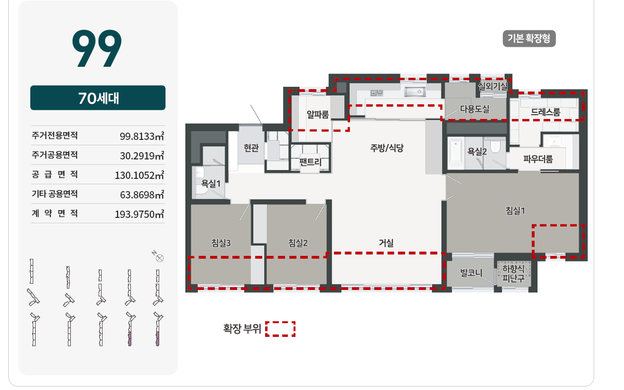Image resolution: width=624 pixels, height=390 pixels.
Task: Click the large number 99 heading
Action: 97,48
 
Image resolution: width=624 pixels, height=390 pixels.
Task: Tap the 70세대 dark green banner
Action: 98,97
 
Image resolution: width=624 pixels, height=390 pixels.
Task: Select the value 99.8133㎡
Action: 142,136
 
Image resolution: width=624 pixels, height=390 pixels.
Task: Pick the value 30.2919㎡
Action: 142,156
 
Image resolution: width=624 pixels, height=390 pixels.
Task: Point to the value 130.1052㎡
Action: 139,175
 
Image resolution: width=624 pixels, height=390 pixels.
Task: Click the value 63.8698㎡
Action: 142,195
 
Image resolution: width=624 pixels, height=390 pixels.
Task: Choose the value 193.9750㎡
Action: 139,214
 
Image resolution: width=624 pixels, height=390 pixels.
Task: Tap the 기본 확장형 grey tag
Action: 529,39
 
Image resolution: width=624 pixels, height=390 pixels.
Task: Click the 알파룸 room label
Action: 317,114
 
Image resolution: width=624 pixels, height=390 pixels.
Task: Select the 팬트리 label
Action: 311,162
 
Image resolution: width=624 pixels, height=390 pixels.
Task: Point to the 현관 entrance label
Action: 251,148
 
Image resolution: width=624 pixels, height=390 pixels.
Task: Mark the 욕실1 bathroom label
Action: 211,183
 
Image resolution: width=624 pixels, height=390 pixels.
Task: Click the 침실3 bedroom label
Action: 221,243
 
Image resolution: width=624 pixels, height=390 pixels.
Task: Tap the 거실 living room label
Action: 386,243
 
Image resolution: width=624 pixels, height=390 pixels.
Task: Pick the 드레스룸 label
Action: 545,112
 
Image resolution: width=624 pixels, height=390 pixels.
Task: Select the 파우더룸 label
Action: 538,159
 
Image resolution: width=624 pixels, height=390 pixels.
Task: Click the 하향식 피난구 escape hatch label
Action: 513,273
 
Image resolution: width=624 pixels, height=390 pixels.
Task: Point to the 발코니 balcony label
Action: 471,273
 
